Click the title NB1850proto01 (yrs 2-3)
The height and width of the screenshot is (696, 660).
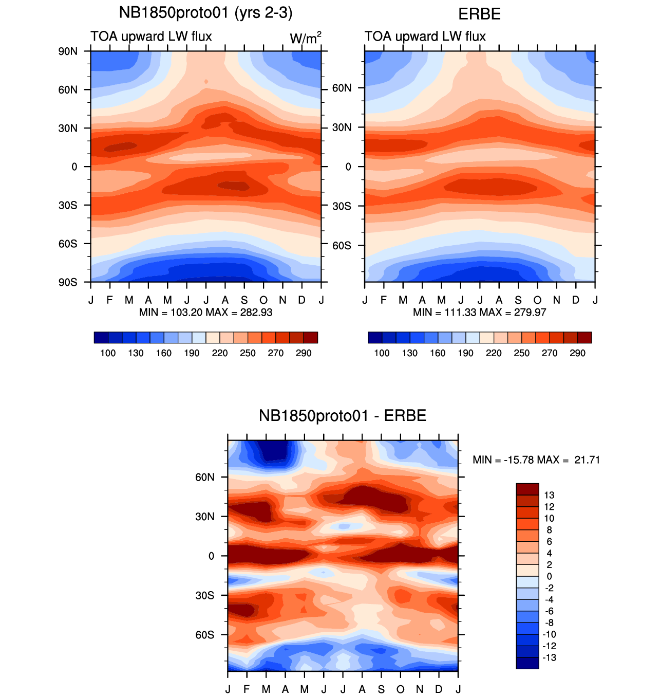pyautogui.click(x=205, y=12)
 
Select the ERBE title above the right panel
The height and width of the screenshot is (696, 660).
pyautogui.click(x=479, y=14)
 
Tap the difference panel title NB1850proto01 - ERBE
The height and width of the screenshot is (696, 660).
pyautogui.click(x=342, y=415)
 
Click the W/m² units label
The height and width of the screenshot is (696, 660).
pyautogui.click(x=306, y=38)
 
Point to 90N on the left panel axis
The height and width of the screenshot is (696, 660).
pyautogui.click(x=68, y=51)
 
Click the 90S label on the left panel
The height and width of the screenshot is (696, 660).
pyautogui.click(x=68, y=282)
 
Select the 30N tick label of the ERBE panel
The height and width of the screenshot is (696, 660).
pyautogui.click(x=342, y=127)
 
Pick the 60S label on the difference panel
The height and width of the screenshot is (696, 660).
pyautogui.click(x=204, y=635)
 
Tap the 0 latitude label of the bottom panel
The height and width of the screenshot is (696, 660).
pyautogui.click(x=211, y=556)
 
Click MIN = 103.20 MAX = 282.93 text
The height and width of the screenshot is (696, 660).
pyautogui.click(x=205, y=313)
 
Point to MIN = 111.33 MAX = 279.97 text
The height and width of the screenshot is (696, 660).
pyautogui.click(x=479, y=313)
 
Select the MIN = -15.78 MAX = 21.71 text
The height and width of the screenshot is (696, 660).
pyautogui.click(x=536, y=460)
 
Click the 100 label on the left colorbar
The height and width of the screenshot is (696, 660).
pyautogui.click(x=108, y=353)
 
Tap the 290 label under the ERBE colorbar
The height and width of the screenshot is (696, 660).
pyautogui.click(x=577, y=353)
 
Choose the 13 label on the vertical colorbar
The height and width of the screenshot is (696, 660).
pyautogui.click(x=549, y=496)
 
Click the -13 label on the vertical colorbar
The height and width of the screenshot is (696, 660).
pyautogui.click(x=549, y=658)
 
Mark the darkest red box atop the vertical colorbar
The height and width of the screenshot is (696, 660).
pyautogui.click(x=527, y=489)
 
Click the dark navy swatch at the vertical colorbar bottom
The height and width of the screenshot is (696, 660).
pyautogui.click(x=527, y=663)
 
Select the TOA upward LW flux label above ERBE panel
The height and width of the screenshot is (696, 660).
pyautogui.click(x=425, y=36)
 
